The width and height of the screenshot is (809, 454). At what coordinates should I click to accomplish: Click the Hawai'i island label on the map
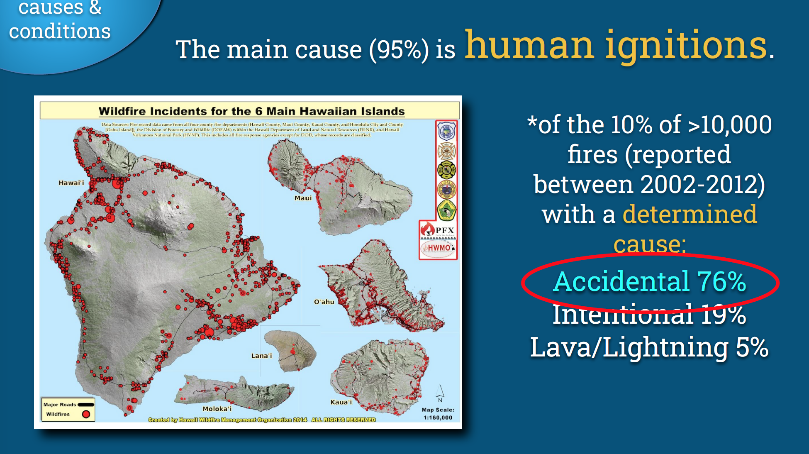[x=71, y=183]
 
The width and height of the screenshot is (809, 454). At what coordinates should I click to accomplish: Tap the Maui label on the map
[x=303, y=198]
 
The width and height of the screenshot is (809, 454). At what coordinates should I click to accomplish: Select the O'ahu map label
[x=324, y=302]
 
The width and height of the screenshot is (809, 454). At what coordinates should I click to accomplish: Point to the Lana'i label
[x=261, y=356]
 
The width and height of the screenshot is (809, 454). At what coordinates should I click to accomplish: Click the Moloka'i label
[x=217, y=409]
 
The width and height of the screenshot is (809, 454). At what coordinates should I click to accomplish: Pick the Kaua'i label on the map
[x=341, y=402]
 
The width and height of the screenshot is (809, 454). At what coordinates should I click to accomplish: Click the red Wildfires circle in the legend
[x=86, y=414]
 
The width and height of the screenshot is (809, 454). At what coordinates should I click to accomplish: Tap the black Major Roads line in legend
[x=86, y=405]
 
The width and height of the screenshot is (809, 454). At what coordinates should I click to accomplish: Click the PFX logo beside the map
[x=439, y=229]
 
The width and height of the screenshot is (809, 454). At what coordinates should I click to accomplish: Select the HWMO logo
[x=438, y=248]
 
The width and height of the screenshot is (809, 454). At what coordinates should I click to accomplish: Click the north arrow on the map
[x=440, y=392]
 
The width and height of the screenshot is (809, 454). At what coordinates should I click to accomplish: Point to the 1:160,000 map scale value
[x=438, y=417]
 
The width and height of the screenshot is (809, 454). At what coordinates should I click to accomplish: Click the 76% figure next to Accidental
[x=721, y=281]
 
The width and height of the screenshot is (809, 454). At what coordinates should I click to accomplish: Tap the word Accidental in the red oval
[x=621, y=281]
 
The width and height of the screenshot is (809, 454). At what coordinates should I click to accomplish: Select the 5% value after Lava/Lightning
[x=752, y=347]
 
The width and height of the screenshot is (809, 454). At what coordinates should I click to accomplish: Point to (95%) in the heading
[x=399, y=50]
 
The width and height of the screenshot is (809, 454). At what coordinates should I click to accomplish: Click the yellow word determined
[x=690, y=214]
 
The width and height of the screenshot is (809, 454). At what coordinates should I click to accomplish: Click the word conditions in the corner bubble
[x=60, y=32]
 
